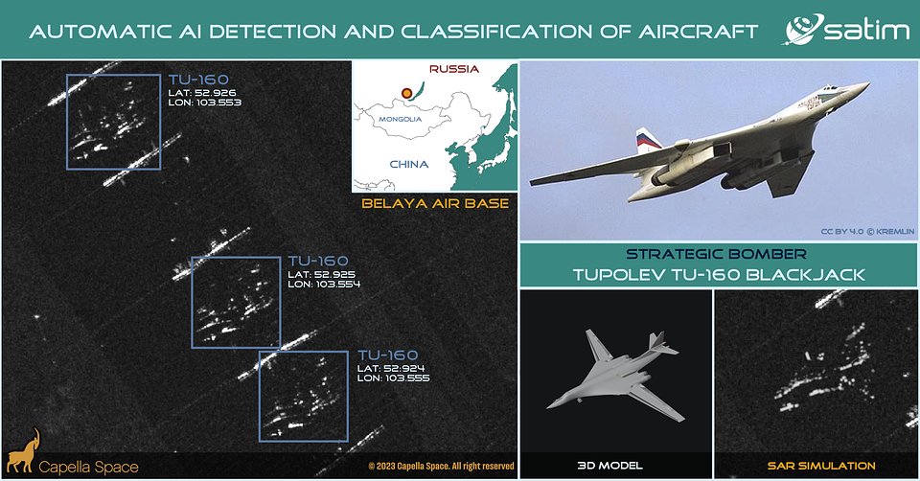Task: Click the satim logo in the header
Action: tap(846, 29)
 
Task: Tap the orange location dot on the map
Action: tap(406, 93)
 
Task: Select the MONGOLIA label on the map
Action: tap(401, 119)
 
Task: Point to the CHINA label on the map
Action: tap(409, 164)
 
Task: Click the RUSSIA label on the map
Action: tap(454, 69)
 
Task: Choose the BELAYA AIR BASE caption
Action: tap(435, 203)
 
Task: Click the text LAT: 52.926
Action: tap(202, 93)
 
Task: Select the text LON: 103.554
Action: tap(324, 284)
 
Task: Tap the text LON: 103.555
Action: tap(393, 378)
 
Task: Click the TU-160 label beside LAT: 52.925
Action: tap(318, 261)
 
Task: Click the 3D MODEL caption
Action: tap(610, 466)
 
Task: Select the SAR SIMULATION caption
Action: tap(821, 466)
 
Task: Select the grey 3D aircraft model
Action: tap(614, 375)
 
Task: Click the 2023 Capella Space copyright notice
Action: tap(441, 467)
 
